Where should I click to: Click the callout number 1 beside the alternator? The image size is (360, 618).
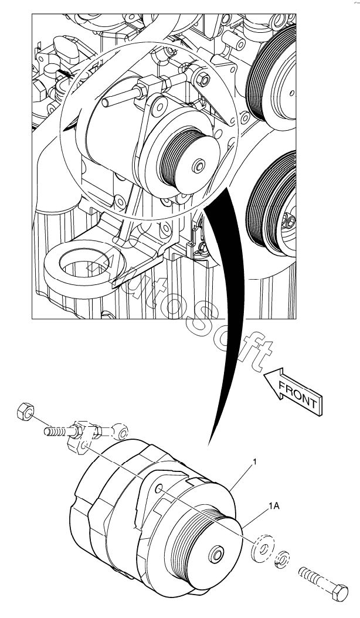pyautogui.click(x=254, y=463)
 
